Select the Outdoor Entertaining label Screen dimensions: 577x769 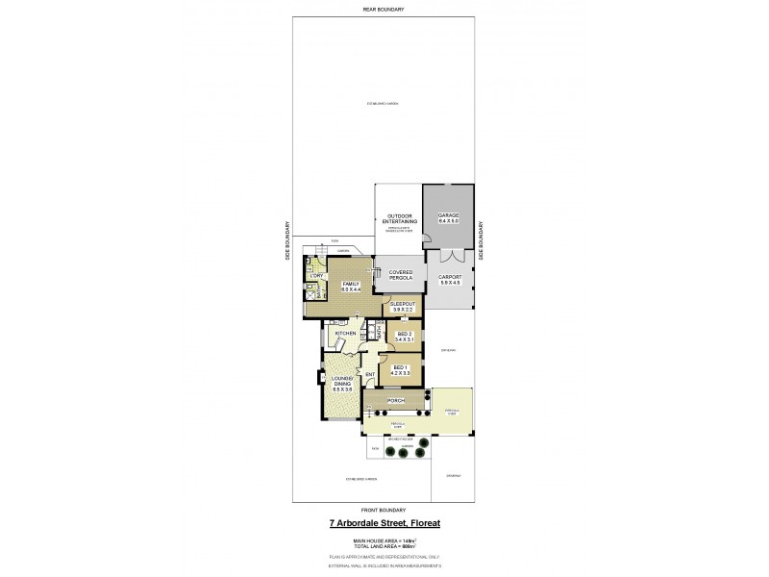399,218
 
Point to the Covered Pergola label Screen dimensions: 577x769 400,276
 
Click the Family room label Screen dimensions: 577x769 350,287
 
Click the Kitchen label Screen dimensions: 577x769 346,333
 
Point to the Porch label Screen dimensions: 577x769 394,400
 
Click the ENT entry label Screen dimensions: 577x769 369,374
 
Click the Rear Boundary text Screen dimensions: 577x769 384,9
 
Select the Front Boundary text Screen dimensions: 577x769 384,509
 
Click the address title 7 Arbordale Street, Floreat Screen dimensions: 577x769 384,524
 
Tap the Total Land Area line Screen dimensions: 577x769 384,548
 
